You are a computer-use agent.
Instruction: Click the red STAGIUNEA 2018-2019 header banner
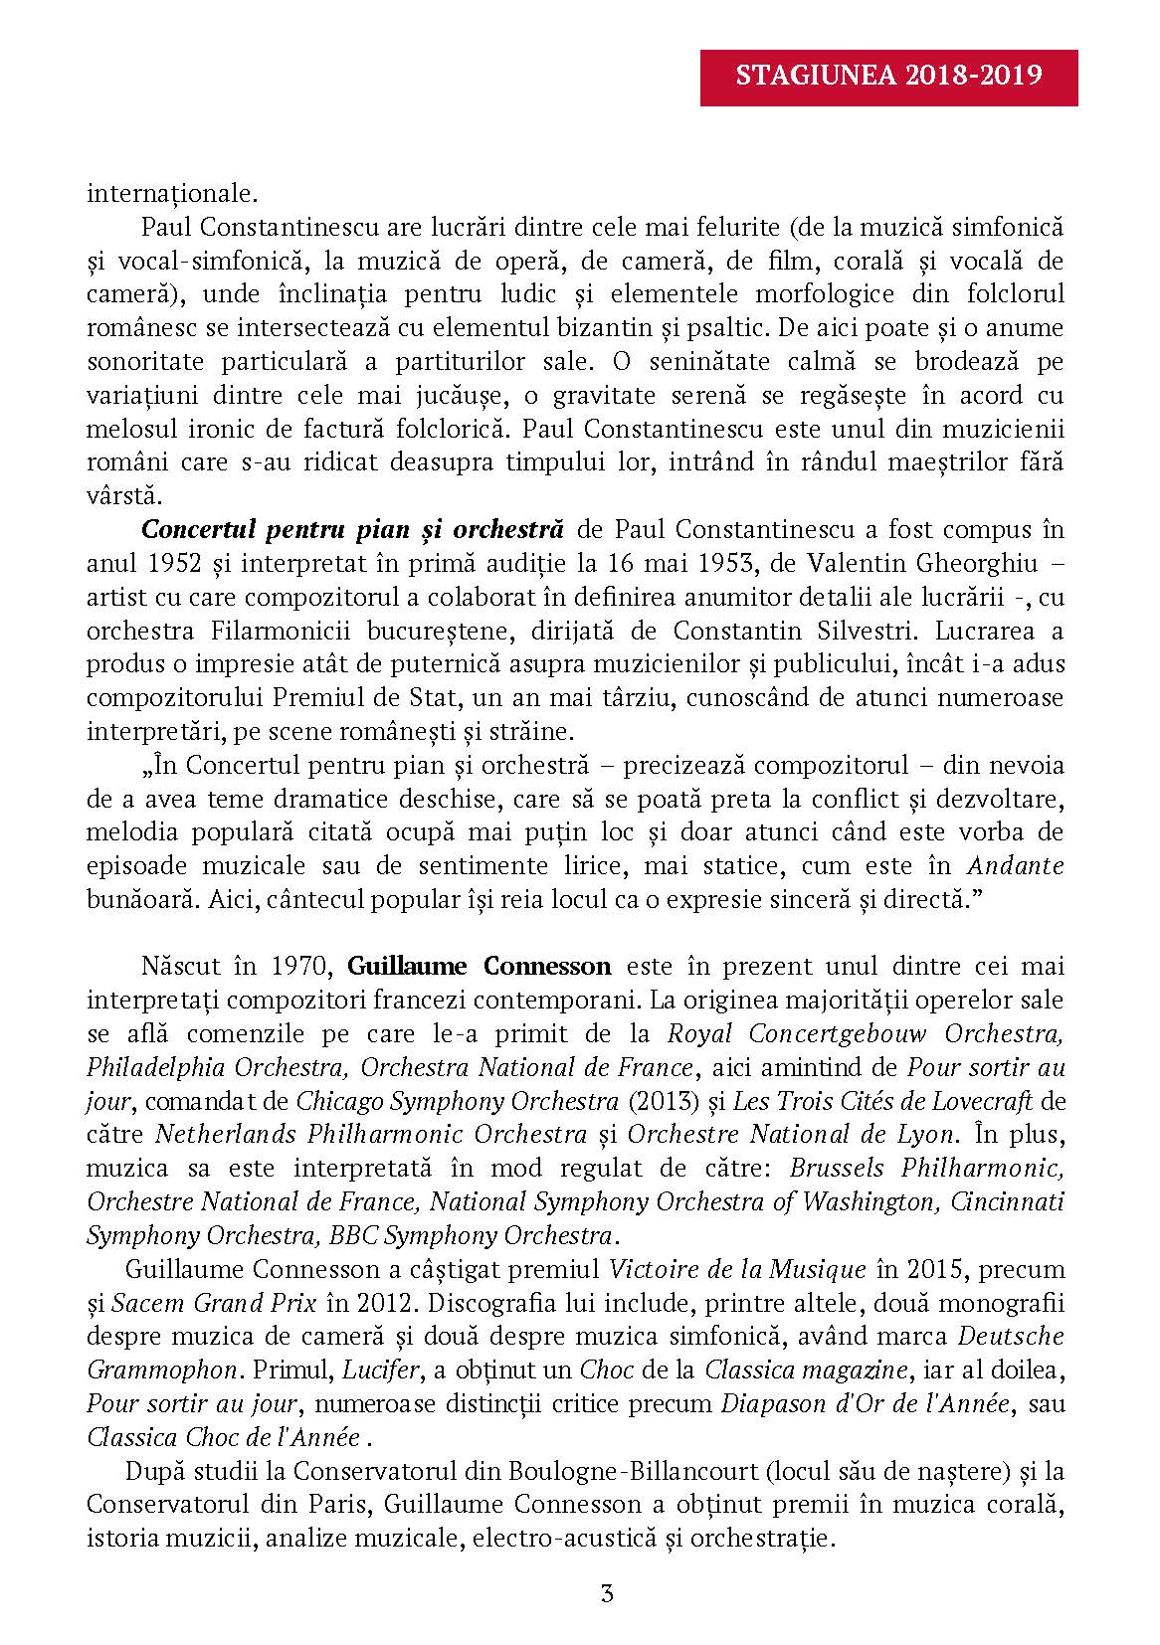tap(889, 77)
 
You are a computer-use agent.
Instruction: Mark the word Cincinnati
tap(1007, 1201)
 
